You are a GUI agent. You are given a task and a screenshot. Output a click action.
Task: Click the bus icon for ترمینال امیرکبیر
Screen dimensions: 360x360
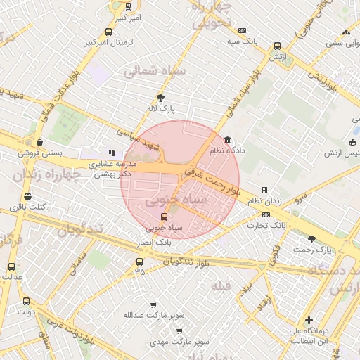pyautogui.click(x=108, y=32)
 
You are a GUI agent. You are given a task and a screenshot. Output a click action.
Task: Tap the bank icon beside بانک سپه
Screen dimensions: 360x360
pyautogui.click(x=243, y=31)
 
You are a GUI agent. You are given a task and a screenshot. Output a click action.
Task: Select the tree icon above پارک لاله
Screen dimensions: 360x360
pyautogui.click(x=161, y=98)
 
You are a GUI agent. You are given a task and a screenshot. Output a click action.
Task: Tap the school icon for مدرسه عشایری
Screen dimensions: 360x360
pyautogui.click(x=110, y=152)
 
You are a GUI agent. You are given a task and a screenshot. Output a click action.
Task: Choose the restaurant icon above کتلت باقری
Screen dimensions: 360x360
pyautogui.click(x=27, y=196)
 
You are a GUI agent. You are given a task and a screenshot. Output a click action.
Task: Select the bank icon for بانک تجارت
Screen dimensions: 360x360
pyautogui.click(x=266, y=214)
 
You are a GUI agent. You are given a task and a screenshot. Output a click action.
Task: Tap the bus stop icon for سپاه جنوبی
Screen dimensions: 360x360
pyautogui.click(x=165, y=217)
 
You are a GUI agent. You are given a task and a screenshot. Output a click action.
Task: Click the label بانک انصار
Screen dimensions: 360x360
pyautogui.click(x=154, y=241)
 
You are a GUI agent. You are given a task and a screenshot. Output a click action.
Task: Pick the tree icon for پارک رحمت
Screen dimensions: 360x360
pyautogui.click(x=311, y=239)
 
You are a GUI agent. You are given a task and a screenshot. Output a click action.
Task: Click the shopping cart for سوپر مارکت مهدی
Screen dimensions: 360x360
pyautogui.click(x=179, y=330)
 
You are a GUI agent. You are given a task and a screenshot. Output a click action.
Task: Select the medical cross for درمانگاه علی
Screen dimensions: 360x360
pyautogui.click(x=308, y=320)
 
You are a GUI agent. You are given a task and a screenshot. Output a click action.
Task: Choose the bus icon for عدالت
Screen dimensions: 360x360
pyautogui.click(x=11, y=266)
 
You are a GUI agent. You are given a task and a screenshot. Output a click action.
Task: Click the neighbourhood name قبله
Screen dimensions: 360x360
pyautogui.click(x=221, y=285)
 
